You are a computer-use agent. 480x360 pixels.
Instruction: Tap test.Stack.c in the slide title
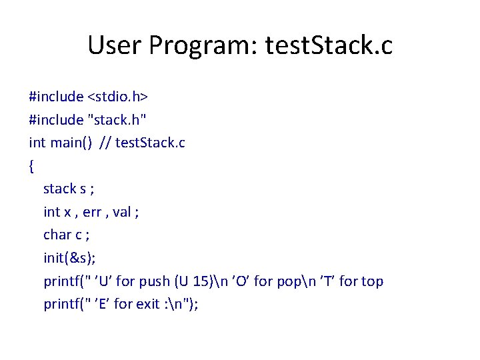[329, 46]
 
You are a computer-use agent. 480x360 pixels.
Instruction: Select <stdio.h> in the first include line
[117, 97]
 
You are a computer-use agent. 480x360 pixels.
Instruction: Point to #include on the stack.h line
[56, 120]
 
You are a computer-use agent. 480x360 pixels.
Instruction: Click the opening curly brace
[31, 166]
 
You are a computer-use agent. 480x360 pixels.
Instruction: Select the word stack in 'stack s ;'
[60, 189]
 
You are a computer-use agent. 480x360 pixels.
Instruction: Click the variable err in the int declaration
[93, 212]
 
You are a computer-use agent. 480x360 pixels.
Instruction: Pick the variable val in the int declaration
[122, 212]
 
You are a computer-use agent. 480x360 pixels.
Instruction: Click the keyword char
[57, 235]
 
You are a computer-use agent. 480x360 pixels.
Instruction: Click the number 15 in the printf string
[209, 281]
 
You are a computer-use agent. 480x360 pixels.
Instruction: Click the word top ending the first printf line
[372, 281]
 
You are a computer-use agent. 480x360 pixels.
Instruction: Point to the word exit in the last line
[147, 304]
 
